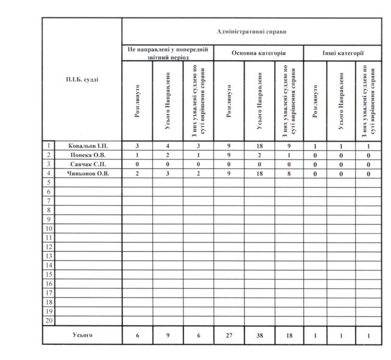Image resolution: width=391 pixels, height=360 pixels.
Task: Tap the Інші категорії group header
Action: [342, 53]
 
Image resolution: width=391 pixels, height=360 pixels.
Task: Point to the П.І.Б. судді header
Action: [82, 79]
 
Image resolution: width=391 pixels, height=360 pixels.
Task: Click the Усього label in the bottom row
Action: [82, 335]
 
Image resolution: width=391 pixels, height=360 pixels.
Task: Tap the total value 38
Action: [259, 335]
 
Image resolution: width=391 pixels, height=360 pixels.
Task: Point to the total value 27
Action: [228, 335]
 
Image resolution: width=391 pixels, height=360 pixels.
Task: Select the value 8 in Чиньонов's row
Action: [290, 173]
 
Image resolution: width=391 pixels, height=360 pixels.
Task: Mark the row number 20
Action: [48, 320]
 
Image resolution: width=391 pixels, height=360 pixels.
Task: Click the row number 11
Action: [48, 238]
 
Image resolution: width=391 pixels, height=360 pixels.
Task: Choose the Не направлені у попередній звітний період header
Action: [167, 53]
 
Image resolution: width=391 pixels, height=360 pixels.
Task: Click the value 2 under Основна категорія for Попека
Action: [259, 154]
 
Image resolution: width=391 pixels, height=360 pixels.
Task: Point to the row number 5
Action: [48, 182]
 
